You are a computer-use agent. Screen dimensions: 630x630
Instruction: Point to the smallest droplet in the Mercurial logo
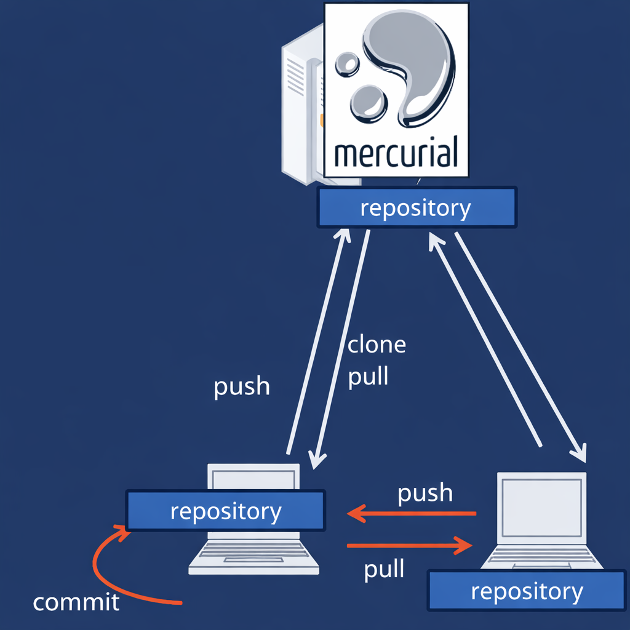click(346, 63)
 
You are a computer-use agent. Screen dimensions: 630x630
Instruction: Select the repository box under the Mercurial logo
click(416, 208)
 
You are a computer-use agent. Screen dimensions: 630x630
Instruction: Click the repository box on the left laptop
click(225, 511)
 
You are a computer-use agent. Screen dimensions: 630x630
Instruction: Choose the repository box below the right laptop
click(526, 591)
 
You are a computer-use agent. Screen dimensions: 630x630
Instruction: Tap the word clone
click(377, 345)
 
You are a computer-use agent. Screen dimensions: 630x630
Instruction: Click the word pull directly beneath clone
click(368, 376)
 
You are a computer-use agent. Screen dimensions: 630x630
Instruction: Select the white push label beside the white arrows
click(241, 387)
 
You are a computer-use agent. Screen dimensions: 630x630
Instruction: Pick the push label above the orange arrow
click(425, 493)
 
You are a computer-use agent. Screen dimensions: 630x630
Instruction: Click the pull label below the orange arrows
click(384, 570)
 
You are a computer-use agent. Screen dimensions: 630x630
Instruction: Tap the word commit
click(76, 602)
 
